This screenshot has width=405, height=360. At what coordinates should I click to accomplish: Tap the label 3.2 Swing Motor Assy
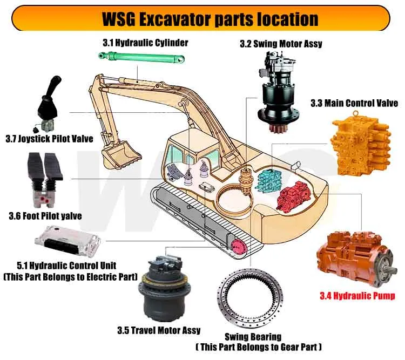281,44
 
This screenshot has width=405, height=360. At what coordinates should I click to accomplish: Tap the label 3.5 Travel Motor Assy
159,330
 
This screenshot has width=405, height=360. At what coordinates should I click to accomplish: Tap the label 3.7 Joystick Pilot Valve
49,139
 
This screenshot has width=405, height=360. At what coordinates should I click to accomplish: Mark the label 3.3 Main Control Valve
354,103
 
